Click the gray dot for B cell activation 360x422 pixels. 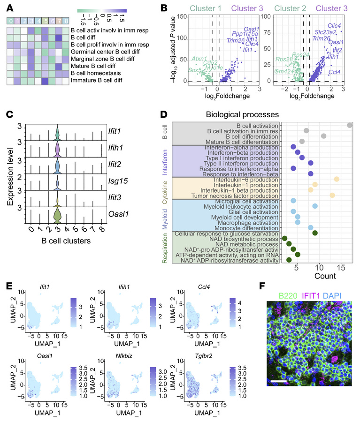tap(350, 125)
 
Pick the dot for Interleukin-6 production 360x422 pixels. tap(337, 179)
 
